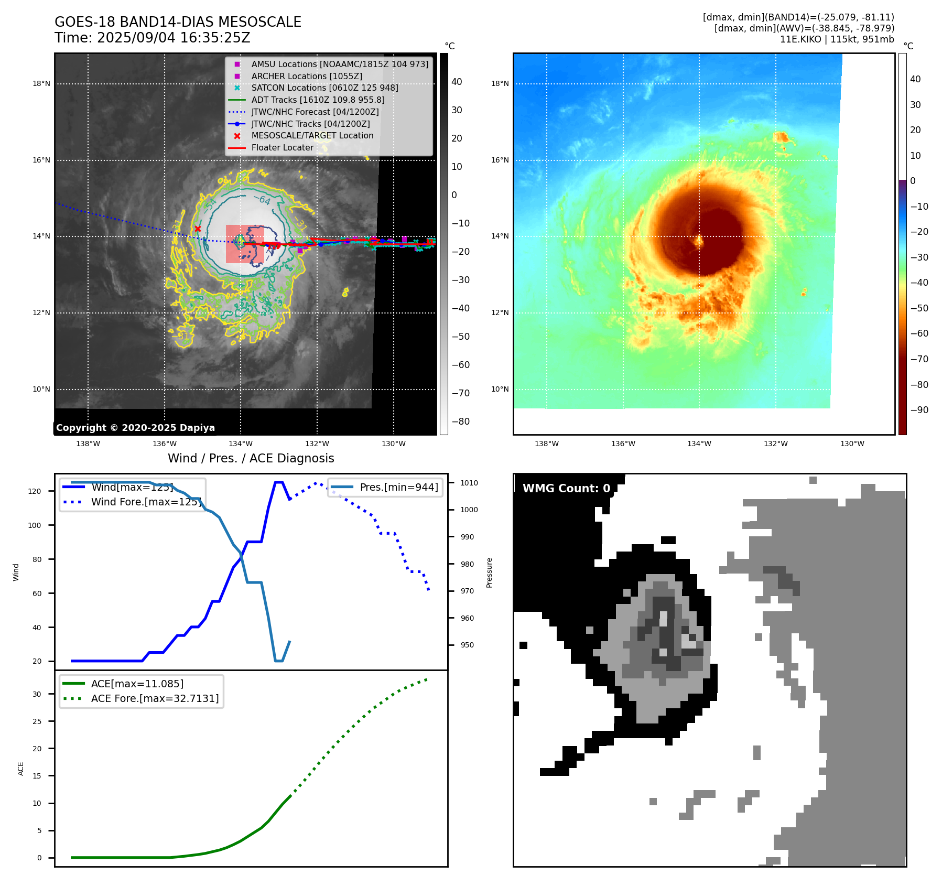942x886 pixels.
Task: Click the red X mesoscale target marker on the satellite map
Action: (x=198, y=229)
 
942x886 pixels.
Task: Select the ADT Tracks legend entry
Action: (x=318, y=100)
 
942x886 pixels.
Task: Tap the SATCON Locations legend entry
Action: (x=324, y=88)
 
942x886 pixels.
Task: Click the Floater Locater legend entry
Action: (x=282, y=147)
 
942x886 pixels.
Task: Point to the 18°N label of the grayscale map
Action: (x=41, y=83)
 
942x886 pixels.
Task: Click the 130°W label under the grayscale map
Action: (x=393, y=444)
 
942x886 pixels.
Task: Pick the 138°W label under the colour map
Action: (x=546, y=444)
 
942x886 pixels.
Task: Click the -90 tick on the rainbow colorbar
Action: (x=919, y=410)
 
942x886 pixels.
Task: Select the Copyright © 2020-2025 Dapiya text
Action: (x=135, y=428)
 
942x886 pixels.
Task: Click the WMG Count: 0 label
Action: (x=566, y=489)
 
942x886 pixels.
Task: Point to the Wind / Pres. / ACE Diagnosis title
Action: (x=251, y=458)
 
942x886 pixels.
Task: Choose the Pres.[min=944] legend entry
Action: (x=398, y=487)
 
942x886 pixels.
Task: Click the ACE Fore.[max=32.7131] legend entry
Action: (x=155, y=698)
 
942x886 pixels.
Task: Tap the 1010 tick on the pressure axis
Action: (x=469, y=483)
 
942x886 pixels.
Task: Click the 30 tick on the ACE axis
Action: (x=37, y=694)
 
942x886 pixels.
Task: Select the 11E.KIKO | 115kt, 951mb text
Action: (x=837, y=39)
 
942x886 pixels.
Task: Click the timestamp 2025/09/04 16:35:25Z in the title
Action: (x=174, y=38)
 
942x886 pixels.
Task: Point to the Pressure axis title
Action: (x=489, y=572)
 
